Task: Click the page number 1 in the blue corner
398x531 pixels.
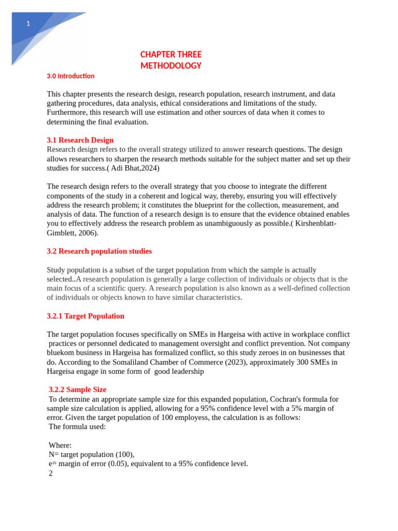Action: tap(28, 23)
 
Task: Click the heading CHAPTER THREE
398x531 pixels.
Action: tap(170, 54)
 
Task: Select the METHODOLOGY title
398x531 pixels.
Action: tap(170, 66)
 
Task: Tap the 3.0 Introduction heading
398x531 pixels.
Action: tap(70, 76)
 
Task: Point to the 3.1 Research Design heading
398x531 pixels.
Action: tap(80, 140)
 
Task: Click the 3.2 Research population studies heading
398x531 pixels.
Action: tap(99, 251)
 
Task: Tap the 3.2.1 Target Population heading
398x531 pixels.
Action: tap(86, 316)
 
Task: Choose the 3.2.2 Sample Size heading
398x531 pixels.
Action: tap(77, 389)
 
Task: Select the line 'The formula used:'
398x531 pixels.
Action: tap(77, 427)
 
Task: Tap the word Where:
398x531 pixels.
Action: tap(60, 445)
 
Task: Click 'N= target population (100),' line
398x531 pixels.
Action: tap(91, 455)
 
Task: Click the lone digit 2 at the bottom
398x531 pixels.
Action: tap(51, 473)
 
